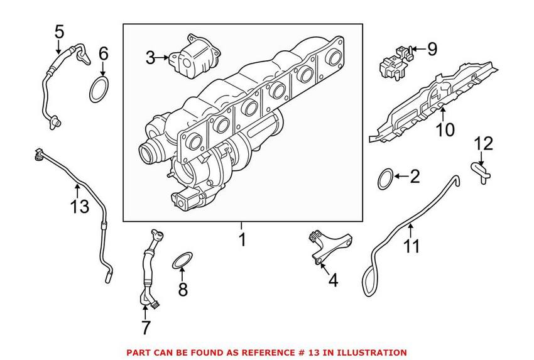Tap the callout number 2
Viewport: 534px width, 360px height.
(413, 177)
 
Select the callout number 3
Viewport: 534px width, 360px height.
(150, 58)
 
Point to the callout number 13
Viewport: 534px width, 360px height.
(80, 206)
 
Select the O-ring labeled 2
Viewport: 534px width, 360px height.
(386, 178)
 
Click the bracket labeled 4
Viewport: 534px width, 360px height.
(327, 244)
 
